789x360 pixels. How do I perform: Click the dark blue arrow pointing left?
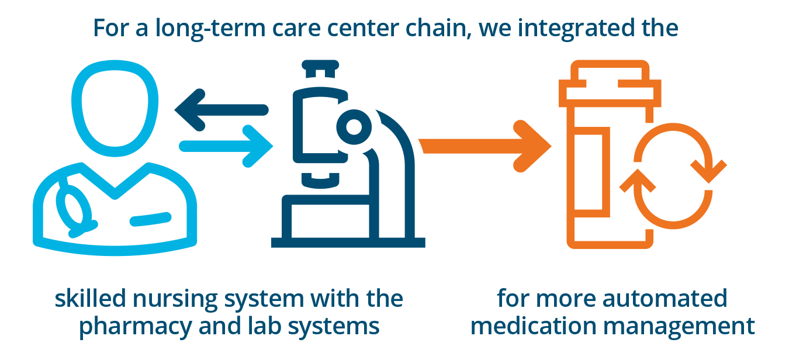point(221,110)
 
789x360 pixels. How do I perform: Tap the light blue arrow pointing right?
point(226,146)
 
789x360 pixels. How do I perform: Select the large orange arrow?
point(485,146)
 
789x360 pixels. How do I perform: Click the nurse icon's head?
point(115,108)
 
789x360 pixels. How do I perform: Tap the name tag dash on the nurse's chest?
point(150,219)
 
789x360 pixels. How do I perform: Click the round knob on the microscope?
point(354,127)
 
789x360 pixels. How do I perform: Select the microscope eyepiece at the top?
point(320,69)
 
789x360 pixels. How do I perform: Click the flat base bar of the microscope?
point(348,243)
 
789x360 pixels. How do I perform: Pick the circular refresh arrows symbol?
point(673,176)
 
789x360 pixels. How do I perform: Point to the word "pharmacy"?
point(135,326)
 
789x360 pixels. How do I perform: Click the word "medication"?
point(533,326)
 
